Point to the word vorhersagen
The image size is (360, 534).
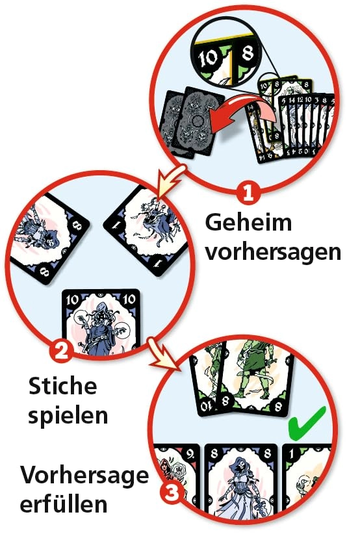click(x=273, y=251)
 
